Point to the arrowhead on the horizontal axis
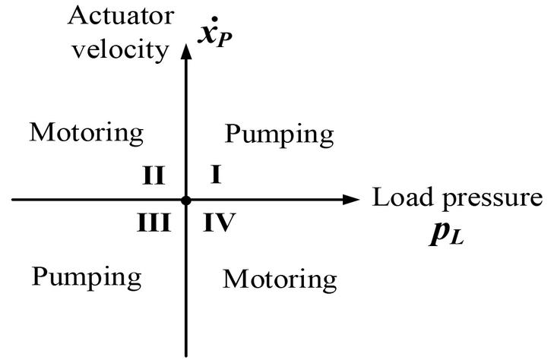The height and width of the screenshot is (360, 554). coord(350,200)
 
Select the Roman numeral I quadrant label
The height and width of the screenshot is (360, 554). coord(215,175)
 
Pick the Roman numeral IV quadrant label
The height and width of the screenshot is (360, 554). coord(220,223)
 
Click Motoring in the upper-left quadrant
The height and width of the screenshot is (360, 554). coord(87,134)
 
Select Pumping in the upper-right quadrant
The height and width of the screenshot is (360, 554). coord(280,134)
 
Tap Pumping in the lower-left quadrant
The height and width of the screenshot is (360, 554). coord(87,276)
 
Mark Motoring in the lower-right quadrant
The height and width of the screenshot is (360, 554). coord(280,279)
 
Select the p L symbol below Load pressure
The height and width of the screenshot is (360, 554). coord(445,232)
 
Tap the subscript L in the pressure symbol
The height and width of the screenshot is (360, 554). coord(455,237)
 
